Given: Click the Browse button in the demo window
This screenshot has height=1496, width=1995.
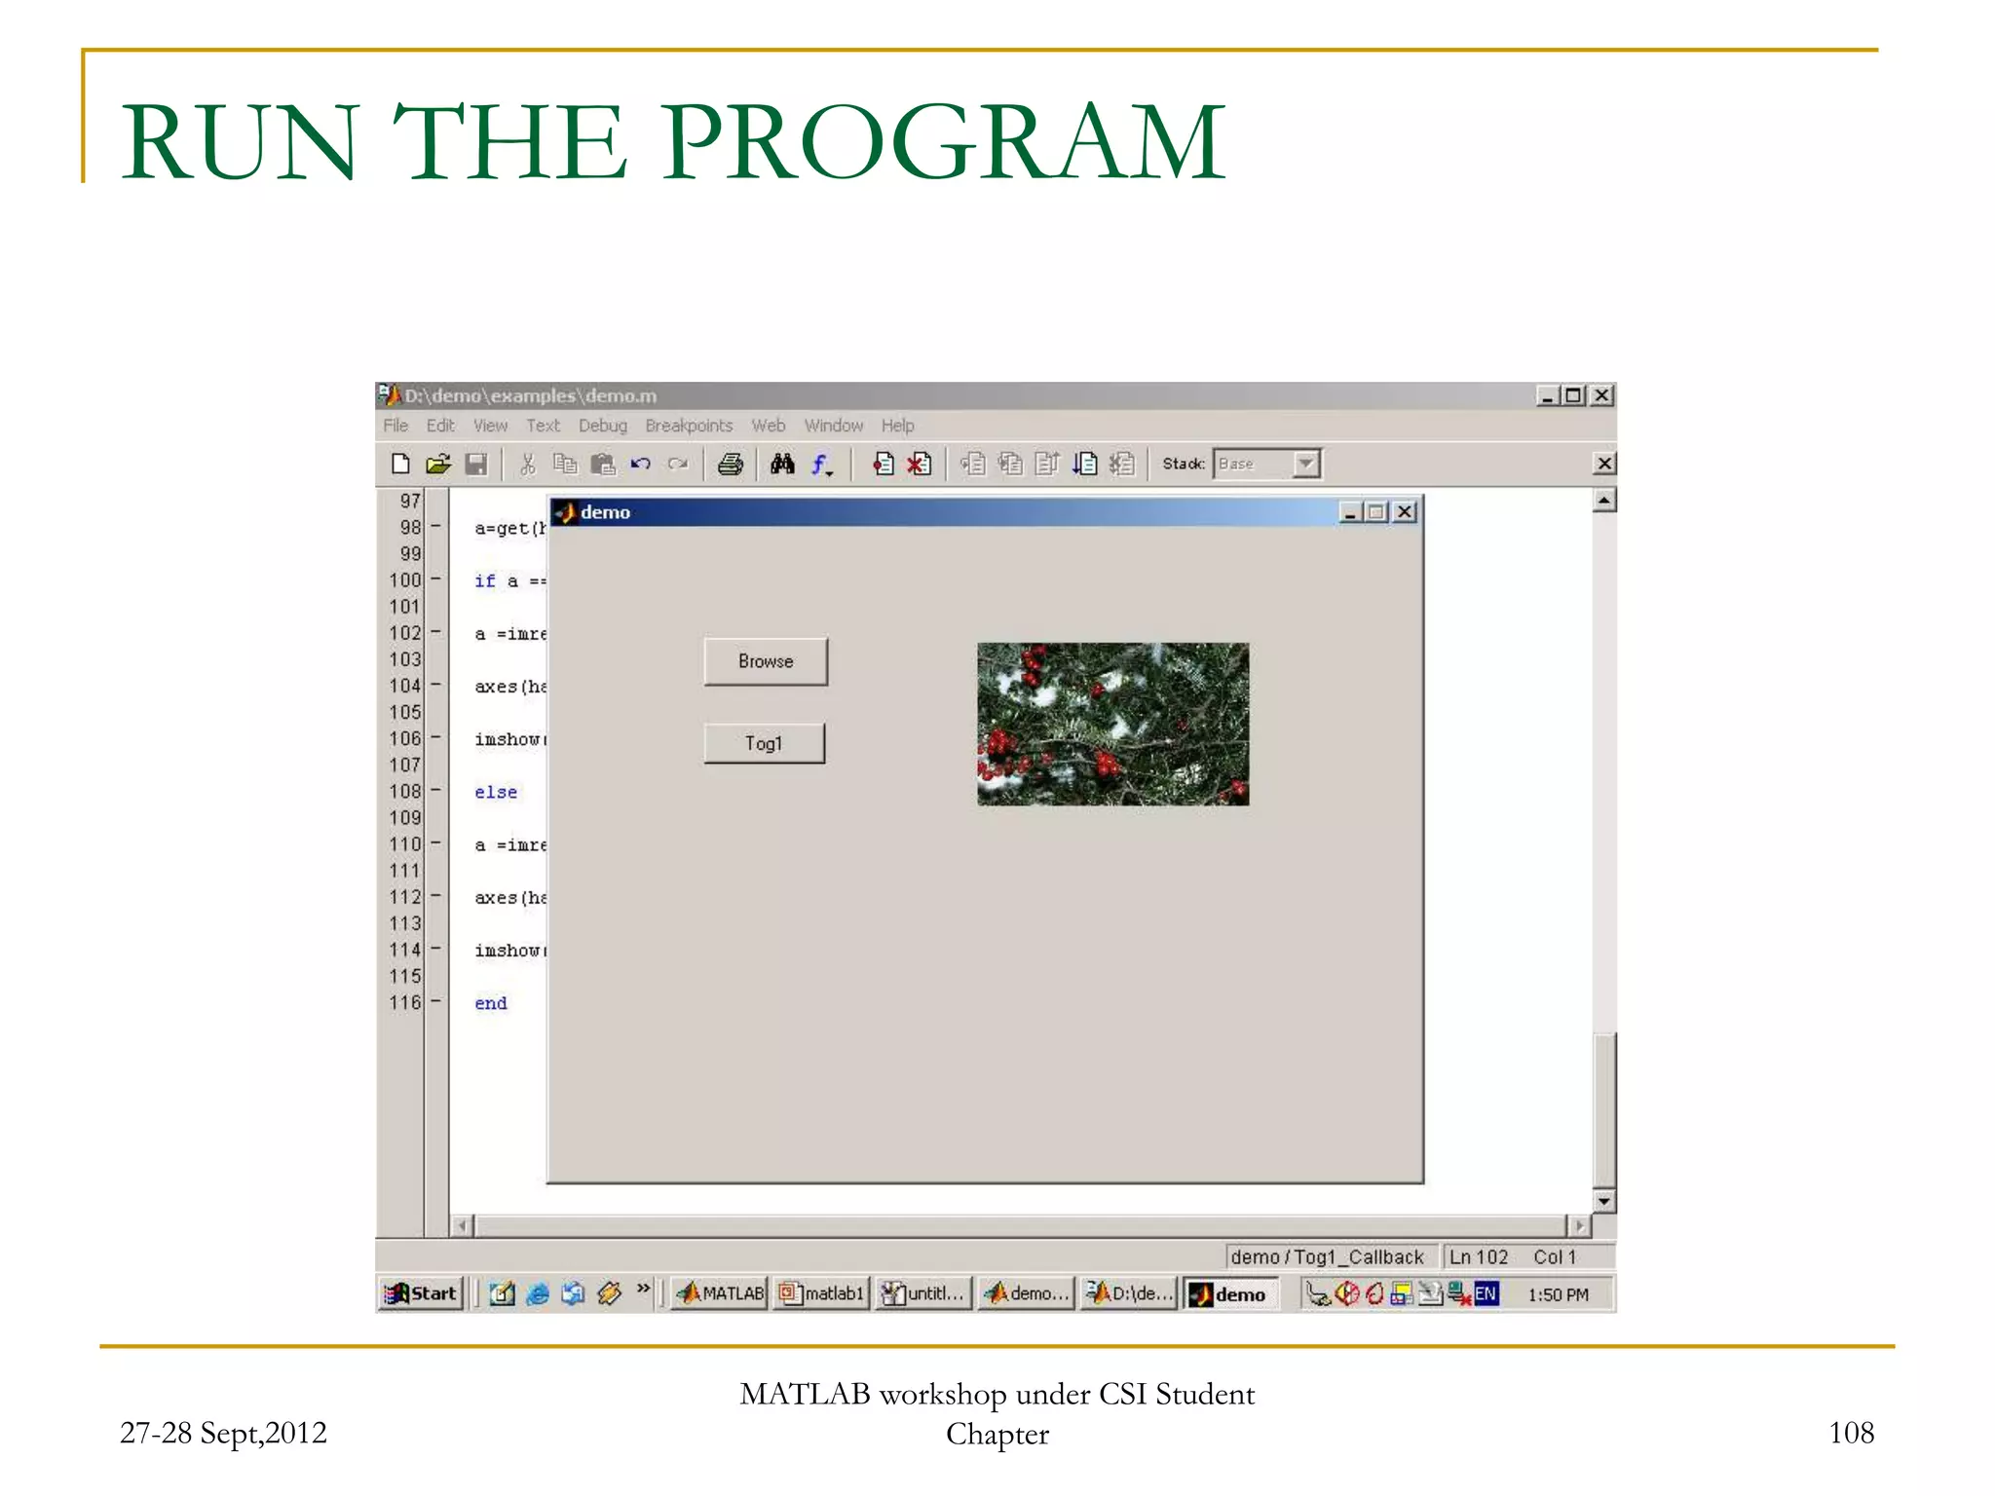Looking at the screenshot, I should pyautogui.click(x=766, y=661).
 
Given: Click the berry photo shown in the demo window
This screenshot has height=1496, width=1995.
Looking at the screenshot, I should pyautogui.click(x=1112, y=724).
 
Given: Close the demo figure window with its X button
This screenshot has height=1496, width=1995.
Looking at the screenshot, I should pyautogui.click(x=1405, y=512).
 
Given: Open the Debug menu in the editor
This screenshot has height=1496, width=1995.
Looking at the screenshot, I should pyautogui.click(x=602, y=426).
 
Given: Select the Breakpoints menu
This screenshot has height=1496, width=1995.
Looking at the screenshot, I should pyautogui.click(x=689, y=426).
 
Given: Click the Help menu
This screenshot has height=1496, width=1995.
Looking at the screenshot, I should pyautogui.click(x=897, y=426).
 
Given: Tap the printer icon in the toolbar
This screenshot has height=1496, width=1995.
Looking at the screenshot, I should pyautogui.click(x=730, y=465).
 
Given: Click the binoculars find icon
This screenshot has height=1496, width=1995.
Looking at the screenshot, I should pyautogui.click(x=782, y=465).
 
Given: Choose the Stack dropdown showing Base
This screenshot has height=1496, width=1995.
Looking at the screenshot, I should pyautogui.click(x=1267, y=465).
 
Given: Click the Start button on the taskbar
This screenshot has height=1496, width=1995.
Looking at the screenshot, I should pyautogui.click(x=422, y=1293).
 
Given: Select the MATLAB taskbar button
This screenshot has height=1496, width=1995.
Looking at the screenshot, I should pyautogui.click(x=721, y=1293).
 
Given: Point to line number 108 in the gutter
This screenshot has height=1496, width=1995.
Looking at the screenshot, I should pyautogui.click(x=405, y=792).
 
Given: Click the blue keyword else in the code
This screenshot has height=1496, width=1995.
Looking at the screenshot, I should pyautogui.click(x=496, y=793).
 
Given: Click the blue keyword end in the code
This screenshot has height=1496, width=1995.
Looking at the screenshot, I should pyautogui.click(x=491, y=1003).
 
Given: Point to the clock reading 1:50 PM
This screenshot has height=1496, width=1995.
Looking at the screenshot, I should pyautogui.click(x=1558, y=1294).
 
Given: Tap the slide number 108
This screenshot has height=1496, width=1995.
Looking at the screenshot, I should pyautogui.click(x=1851, y=1433).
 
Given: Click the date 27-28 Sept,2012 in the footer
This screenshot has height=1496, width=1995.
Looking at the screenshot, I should pyautogui.click(x=223, y=1433).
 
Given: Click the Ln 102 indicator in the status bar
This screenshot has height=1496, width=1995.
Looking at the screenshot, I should pyautogui.click(x=1478, y=1257).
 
